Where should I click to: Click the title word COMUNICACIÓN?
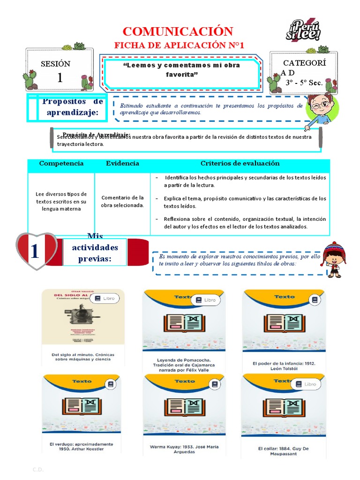[178, 31]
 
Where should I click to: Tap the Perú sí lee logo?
[303, 30]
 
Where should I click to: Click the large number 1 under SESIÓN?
[60, 78]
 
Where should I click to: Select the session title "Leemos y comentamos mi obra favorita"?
[181, 70]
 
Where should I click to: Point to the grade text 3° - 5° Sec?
[304, 82]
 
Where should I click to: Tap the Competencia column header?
[61, 164]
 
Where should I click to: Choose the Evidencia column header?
[122, 164]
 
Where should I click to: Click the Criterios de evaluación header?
[240, 164]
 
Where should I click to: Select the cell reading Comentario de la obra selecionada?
[122, 201]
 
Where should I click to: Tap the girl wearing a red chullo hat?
[334, 259]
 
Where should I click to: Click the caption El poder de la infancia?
[284, 366]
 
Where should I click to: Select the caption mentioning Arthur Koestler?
[81, 446]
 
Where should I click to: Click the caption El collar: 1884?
[284, 451]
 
